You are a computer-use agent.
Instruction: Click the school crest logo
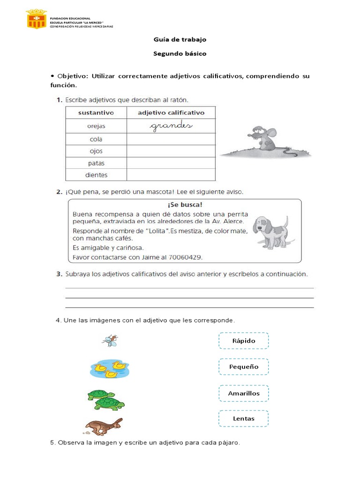[36, 19]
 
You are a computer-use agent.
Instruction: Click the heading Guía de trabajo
[180, 39]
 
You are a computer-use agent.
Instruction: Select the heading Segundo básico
[180, 53]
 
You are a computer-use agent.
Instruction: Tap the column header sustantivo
[96, 113]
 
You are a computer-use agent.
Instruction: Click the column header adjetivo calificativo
[171, 113]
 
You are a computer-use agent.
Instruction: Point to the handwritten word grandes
[171, 126]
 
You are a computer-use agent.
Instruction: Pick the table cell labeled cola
[96, 139]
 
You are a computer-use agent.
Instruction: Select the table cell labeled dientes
[96, 175]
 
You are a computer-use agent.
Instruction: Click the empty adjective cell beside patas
[171, 163]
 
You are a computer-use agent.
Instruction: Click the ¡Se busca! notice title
[185, 205]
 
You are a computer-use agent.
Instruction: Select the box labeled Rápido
[244, 341]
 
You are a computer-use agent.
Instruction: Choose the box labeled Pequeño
[244, 367]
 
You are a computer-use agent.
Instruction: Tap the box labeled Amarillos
[244, 393]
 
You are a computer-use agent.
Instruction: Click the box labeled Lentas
[244, 419]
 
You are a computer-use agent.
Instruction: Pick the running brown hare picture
[104, 426]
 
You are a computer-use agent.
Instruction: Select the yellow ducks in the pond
[109, 369]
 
